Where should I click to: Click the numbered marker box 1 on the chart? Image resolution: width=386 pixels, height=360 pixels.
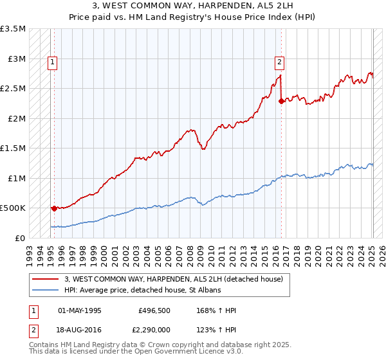[x=51, y=62]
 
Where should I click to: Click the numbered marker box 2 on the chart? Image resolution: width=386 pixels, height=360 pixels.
[x=279, y=62]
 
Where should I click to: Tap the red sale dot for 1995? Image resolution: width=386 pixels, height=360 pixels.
[x=54, y=208]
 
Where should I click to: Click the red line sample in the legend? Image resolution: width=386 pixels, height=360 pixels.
[x=47, y=279]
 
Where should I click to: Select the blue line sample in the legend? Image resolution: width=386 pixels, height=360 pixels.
[x=47, y=291]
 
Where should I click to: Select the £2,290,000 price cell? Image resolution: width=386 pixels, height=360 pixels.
[x=152, y=328]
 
